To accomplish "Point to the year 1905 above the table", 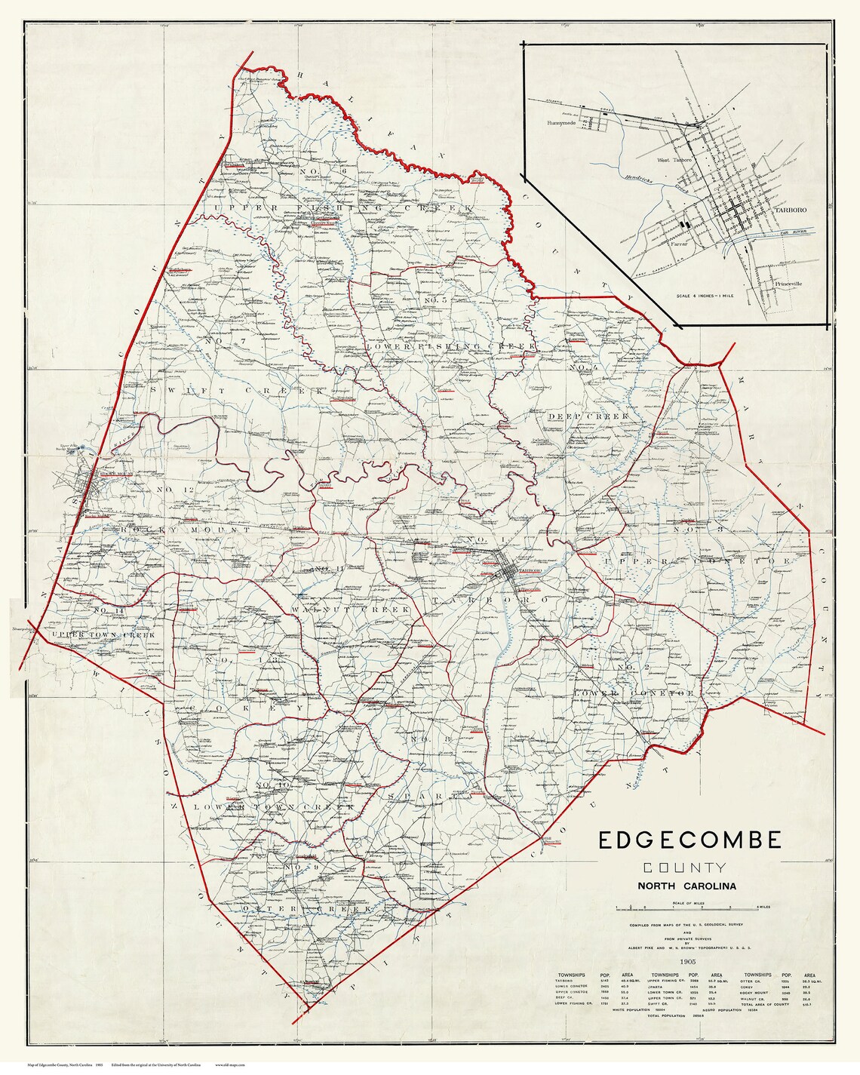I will [687, 962].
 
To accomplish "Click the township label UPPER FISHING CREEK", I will [343, 207].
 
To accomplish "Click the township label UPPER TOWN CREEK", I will [113, 635].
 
